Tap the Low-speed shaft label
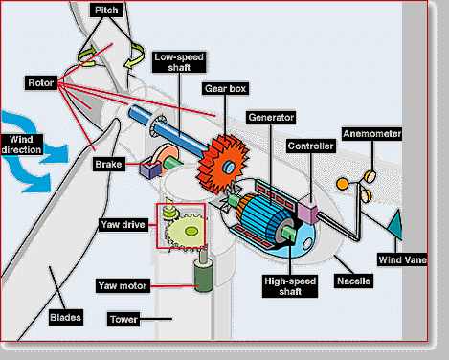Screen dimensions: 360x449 pos(175,62)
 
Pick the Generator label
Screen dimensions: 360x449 pos(270,117)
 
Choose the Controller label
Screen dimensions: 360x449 pos(309,146)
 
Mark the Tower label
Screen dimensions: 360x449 pos(125,318)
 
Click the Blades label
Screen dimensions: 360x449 pos(64,317)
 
